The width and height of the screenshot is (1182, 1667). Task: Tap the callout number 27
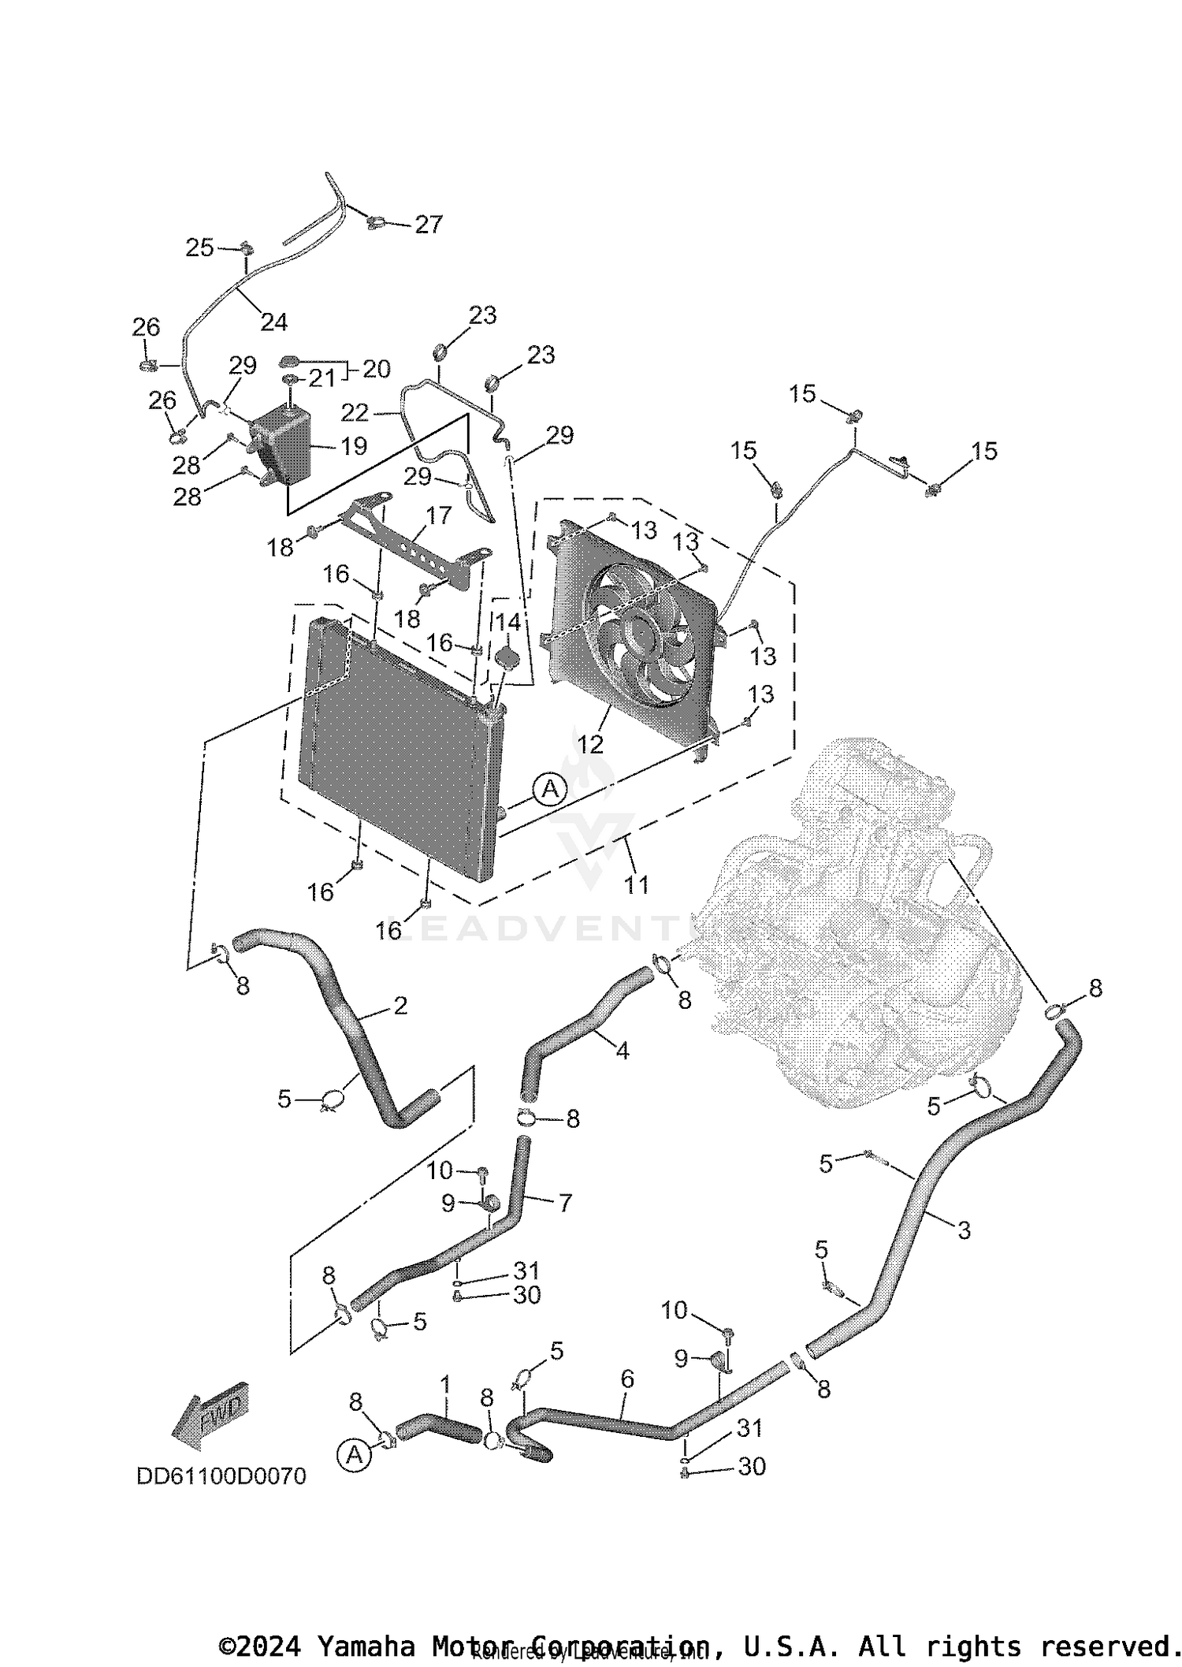[x=429, y=225]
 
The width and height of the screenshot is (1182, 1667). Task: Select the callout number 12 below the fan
[x=590, y=743]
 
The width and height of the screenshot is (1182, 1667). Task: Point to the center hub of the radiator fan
[x=640, y=635]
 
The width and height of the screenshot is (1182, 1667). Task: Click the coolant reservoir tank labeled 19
[x=280, y=445]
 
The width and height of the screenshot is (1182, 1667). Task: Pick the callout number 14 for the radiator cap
[x=508, y=623]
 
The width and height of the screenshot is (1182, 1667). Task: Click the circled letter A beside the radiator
[x=550, y=789]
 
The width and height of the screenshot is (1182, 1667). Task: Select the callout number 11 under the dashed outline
[x=637, y=885]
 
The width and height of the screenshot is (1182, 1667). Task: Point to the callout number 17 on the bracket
[x=439, y=515]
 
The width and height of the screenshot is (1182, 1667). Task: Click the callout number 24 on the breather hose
[x=274, y=322]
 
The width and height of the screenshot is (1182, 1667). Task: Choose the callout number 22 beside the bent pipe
[x=355, y=412]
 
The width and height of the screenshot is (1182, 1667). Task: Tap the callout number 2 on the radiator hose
[x=400, y=1005]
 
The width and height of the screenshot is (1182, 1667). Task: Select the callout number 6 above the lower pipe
[x=627, y=1379]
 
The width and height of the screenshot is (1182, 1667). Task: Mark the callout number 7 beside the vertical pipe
[x=565, y=1203]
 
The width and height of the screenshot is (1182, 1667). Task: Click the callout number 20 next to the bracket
[x=377, y=369]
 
